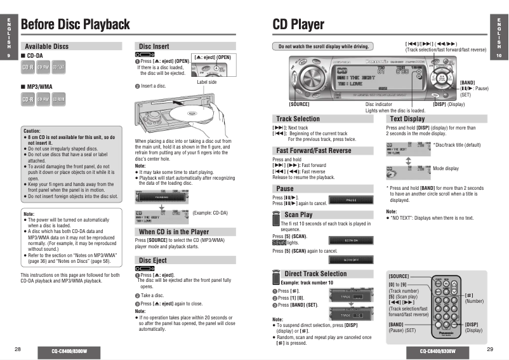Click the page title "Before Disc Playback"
point(75,25)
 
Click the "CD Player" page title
point(298,25)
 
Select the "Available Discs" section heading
point(46,46)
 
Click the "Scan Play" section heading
point(298,215)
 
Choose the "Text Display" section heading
point(407,119)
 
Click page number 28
point(18,349)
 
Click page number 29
point(490,349)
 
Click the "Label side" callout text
point(207,82)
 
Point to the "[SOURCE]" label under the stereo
point(299,103)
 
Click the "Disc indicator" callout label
point(379,104)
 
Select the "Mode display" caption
point(446,168)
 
